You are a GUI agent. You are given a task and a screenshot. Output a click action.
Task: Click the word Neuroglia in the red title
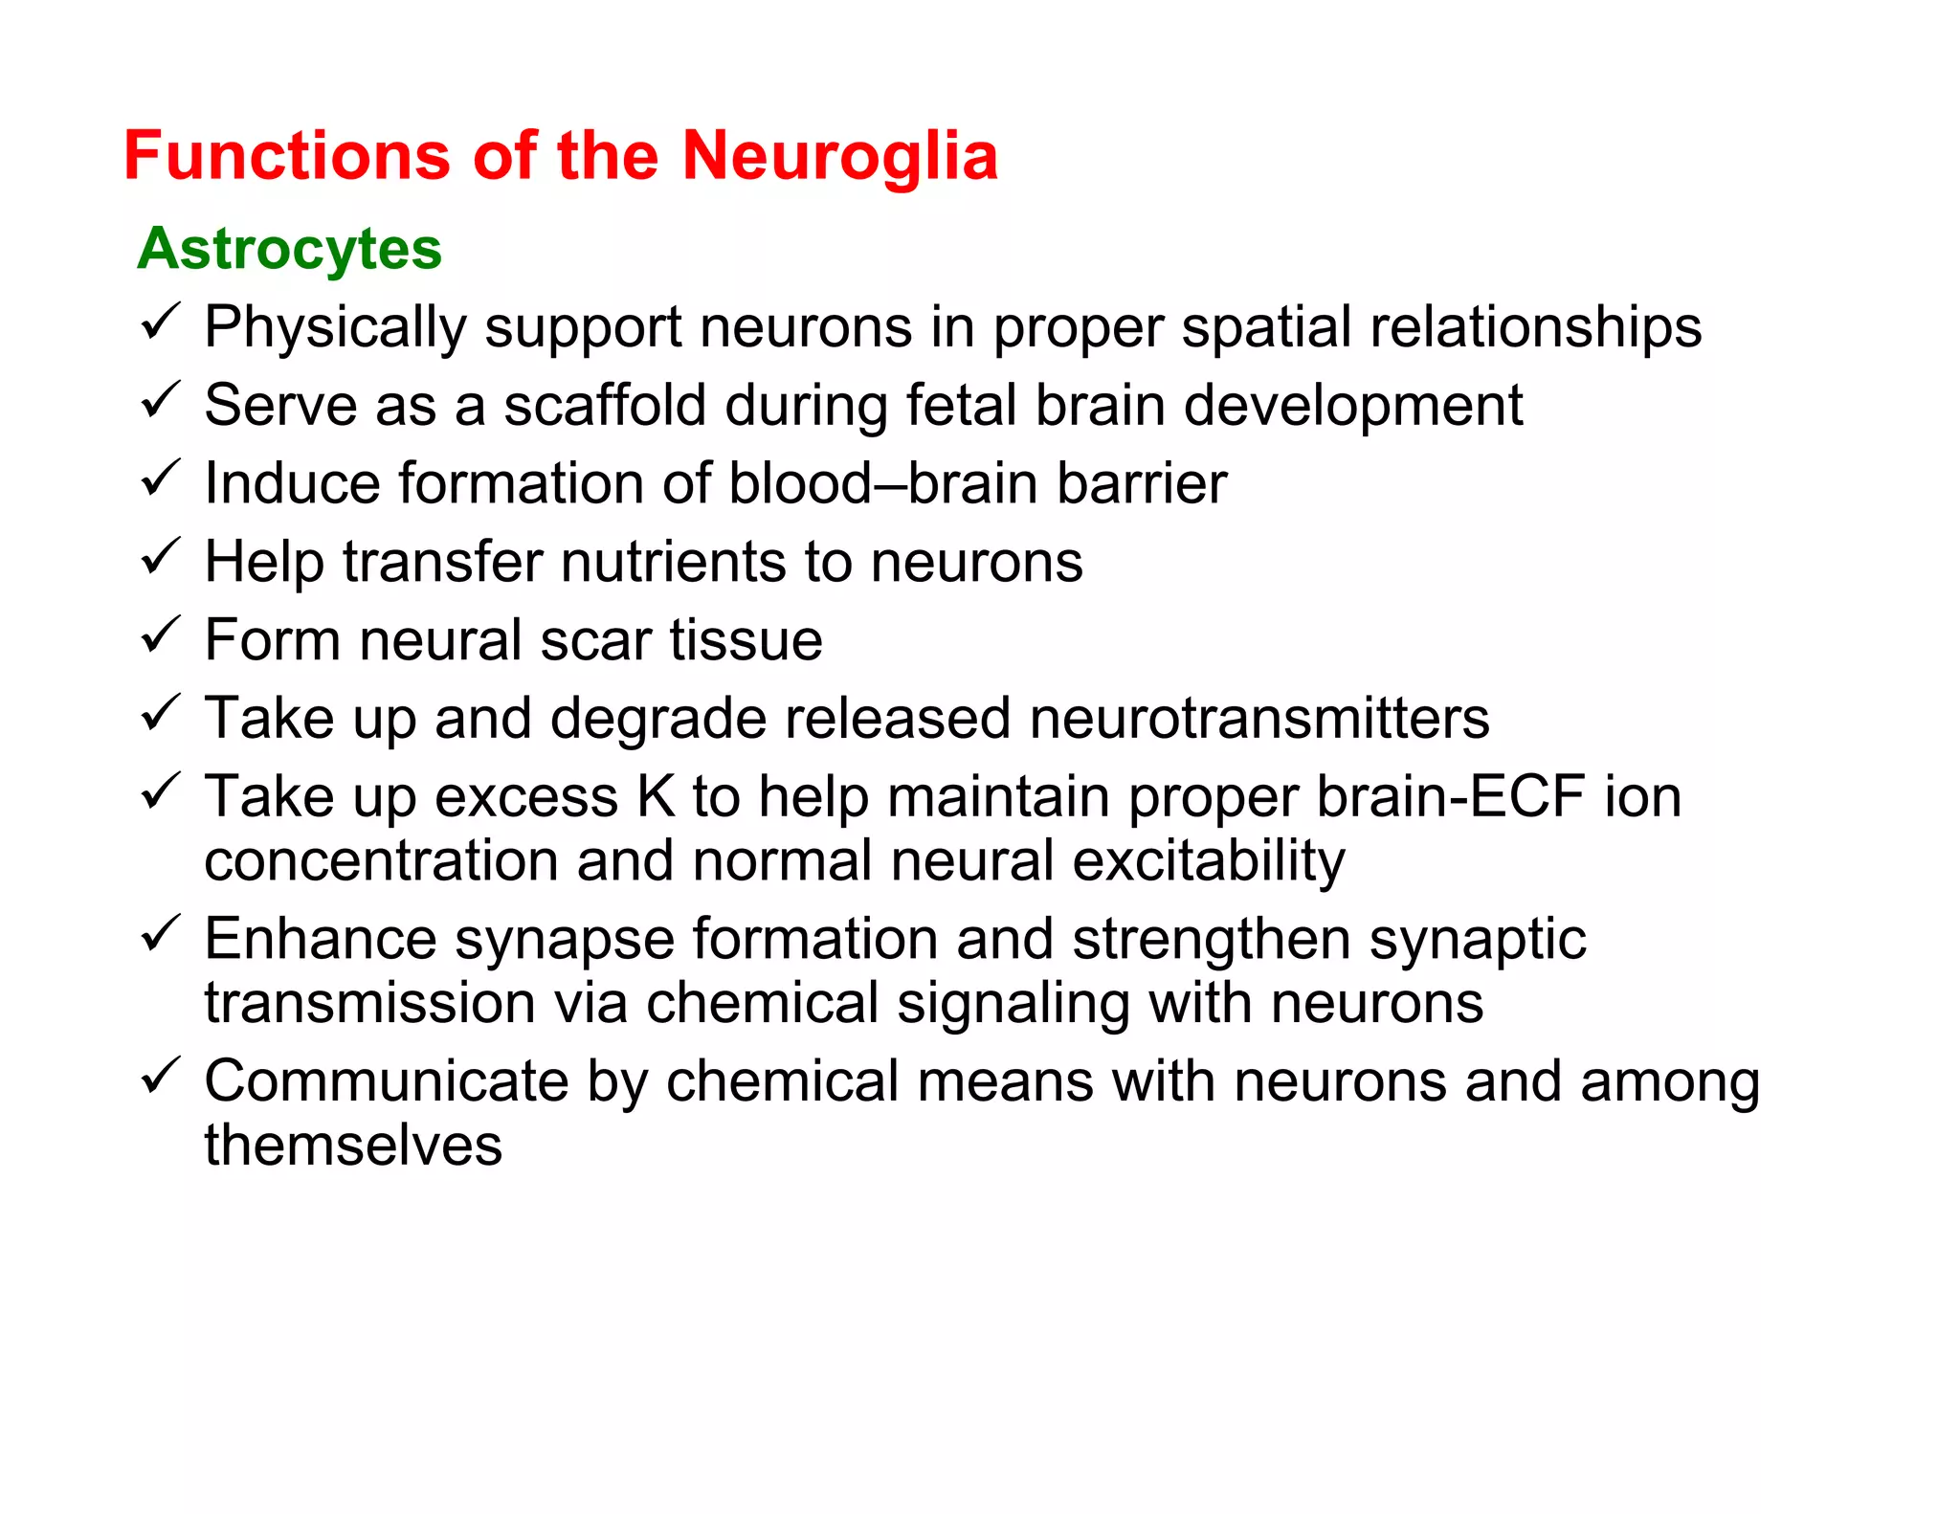pos(839,156)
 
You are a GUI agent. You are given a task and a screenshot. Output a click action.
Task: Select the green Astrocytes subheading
pos(289,249)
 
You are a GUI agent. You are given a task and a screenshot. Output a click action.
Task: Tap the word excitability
pos(1208,861)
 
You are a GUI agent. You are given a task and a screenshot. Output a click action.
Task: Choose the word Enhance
pos(321,939)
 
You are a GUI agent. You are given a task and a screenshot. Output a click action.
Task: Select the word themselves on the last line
pos(353,1145)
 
